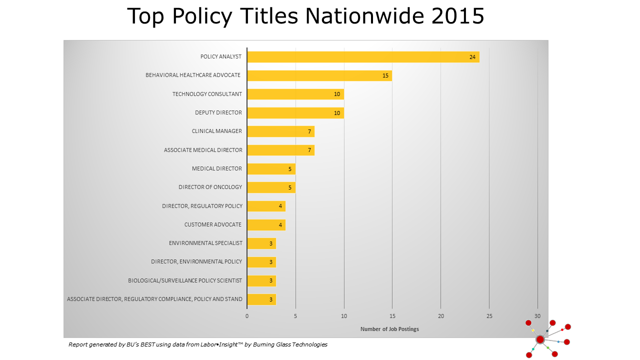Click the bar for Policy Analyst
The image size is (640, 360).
363,57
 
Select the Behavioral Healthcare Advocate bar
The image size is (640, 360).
319,75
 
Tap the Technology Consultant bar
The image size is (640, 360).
295,94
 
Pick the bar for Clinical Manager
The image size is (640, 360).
280,131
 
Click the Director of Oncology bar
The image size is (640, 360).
271,187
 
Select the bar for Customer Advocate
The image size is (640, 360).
266,225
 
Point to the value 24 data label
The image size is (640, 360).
472,57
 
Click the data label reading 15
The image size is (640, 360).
385,75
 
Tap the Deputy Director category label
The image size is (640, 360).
218,113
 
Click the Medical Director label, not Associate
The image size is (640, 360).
217,169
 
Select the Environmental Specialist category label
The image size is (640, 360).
205,243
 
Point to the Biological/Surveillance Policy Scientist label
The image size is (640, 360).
185,281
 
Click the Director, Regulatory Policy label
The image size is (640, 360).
202,206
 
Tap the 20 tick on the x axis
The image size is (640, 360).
441,316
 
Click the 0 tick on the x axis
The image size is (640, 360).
247,316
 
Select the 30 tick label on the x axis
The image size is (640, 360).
537,316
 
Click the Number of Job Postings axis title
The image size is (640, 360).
389,329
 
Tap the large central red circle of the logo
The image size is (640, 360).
540,339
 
